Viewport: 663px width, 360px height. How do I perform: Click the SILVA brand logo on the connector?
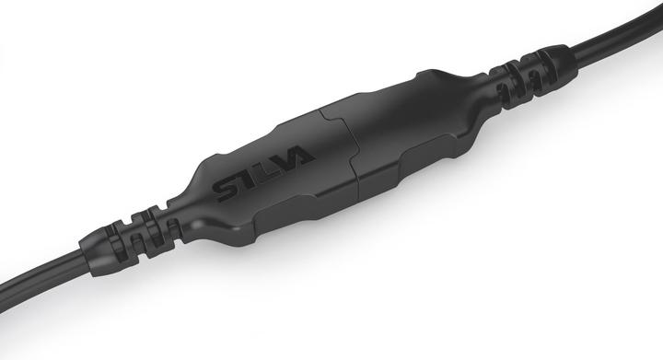266,176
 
